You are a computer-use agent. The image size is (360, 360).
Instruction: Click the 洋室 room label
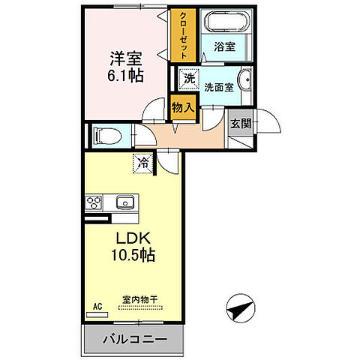point(124,58)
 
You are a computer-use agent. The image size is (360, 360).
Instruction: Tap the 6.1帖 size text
point(124,76)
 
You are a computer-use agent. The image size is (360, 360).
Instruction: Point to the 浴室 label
point(225,46)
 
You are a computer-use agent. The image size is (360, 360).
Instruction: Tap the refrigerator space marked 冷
point(142,160)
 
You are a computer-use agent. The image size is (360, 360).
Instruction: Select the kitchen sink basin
point(124,202)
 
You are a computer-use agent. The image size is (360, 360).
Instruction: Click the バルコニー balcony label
point(136,340)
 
